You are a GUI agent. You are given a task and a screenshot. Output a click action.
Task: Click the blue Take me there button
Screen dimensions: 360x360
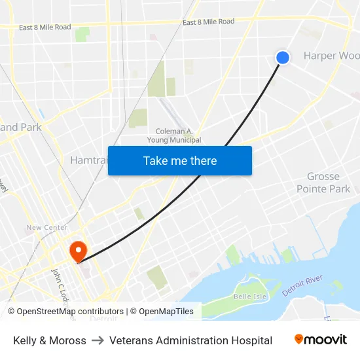tap(180, 160)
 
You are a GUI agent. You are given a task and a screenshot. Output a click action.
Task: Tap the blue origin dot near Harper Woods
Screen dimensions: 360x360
tap(283, 58)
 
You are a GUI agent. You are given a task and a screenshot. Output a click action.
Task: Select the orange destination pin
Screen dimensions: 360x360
tap(78, 251)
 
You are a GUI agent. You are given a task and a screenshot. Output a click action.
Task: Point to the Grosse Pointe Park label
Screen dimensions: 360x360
tap(323, 183)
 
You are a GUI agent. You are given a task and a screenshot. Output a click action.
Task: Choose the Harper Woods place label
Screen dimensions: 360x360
tap(331, 56)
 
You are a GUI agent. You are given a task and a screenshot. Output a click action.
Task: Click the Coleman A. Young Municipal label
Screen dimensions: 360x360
tap(178, 135)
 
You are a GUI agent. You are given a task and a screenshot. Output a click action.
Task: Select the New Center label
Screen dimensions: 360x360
tap(46, 228)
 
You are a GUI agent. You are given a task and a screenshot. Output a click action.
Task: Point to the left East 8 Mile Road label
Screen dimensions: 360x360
tap(45, 27)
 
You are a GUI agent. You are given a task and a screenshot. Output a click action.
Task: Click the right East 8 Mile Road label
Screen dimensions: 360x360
tap(208, 22)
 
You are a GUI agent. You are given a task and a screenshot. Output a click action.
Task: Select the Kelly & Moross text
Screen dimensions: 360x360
tap(50, 340)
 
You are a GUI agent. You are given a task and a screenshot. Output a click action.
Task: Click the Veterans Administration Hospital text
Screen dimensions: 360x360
tap(190, 340)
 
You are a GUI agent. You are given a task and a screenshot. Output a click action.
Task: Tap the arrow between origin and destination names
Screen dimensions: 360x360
tap(98, 340)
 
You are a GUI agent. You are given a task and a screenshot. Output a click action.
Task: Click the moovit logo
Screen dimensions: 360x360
tap(320, 340)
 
